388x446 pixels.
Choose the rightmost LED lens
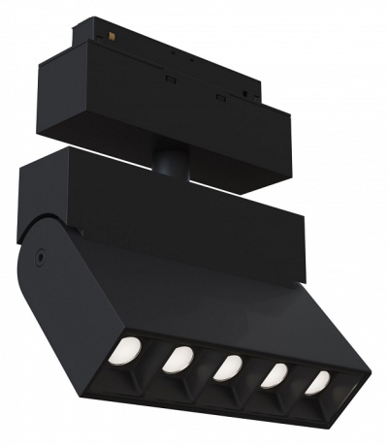point(317,382)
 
